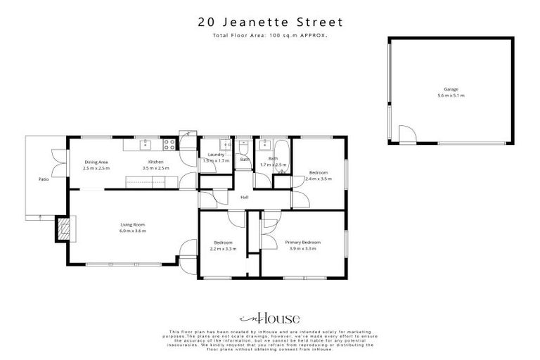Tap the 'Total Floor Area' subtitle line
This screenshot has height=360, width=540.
(x=269, y=35)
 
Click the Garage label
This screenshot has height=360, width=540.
(x=450, y=89)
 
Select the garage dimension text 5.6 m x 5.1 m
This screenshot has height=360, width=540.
(x=450, y=96)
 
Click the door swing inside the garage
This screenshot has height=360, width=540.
(x=406, y=134)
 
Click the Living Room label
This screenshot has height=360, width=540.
(x=132, y=225)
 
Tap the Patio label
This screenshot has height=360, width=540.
(x=44, y=179)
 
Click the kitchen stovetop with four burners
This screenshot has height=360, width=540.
(x=169, y=146)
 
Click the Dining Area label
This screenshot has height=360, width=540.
(x=96, y=162)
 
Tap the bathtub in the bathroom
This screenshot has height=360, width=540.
(x=268, y=146)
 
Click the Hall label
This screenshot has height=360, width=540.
(x=244, y=198)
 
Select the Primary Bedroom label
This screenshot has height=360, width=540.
(x=302, y=243)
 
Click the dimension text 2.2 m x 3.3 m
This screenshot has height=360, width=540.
(x=224, y=249)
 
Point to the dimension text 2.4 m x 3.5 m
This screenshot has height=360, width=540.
(x=319, y=179)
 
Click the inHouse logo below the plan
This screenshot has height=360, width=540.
(x=270, y=317)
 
